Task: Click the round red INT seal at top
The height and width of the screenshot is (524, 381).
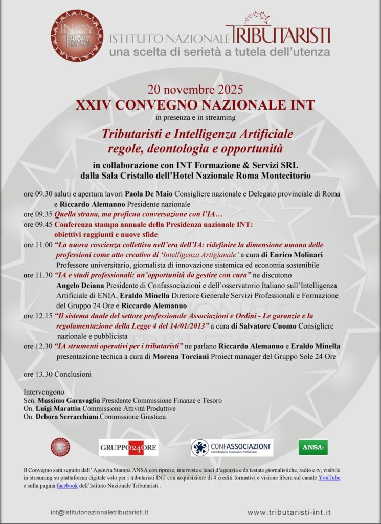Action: coord(77,35)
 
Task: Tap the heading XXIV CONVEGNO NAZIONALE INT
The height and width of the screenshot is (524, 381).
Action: coord(195,106)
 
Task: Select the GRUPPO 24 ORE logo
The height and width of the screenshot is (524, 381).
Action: coord(128,448)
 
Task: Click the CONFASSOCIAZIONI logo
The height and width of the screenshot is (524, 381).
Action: coord(232,447)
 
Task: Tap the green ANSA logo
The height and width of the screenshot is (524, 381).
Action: coord(313,447)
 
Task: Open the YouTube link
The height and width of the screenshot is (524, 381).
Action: coord(329,478)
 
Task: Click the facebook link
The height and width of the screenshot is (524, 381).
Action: coord(67,486)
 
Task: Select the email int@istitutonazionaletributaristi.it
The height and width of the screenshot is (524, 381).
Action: coord(100,512)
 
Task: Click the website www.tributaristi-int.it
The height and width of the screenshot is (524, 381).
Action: coord(289,512)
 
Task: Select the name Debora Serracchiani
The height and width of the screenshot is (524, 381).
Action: coord(67,417)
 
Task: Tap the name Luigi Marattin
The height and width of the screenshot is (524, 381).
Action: coord(58,408)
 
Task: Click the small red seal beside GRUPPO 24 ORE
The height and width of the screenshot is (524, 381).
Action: coord(60,447)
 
